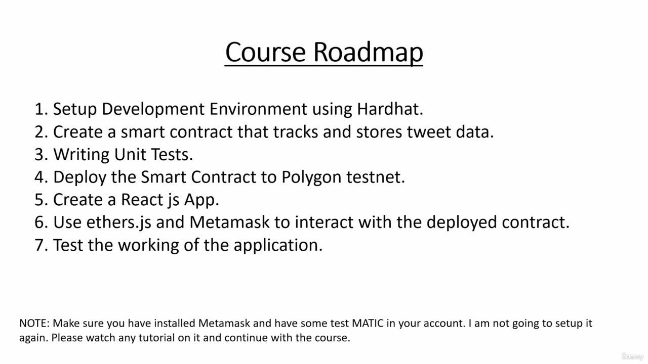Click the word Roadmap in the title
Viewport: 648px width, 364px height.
pyautogui.click(x=368, y=52)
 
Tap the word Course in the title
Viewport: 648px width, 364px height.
pyautogui.click(x=265, y=52)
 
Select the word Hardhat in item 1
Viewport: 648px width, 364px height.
pyautogui.click(x=390, y=109)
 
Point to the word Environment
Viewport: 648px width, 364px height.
pyautogui.click(x=258, y=109)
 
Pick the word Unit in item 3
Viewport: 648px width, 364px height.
pyautogui.click(x=130, y=154)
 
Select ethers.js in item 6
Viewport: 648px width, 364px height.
pyautogui.click(x=118, y=223)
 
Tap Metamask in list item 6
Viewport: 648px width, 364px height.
pyautogui.click(x=229, y=222)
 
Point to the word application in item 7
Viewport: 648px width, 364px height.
pyautogui.click(x=278, y=246)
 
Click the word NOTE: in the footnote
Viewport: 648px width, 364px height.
pyautogui.click(x=34, y=323)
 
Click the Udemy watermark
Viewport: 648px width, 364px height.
pyautogui.click(x=632, y=356)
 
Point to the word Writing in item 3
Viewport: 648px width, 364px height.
pyautogui.click(x=82, y=155)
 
